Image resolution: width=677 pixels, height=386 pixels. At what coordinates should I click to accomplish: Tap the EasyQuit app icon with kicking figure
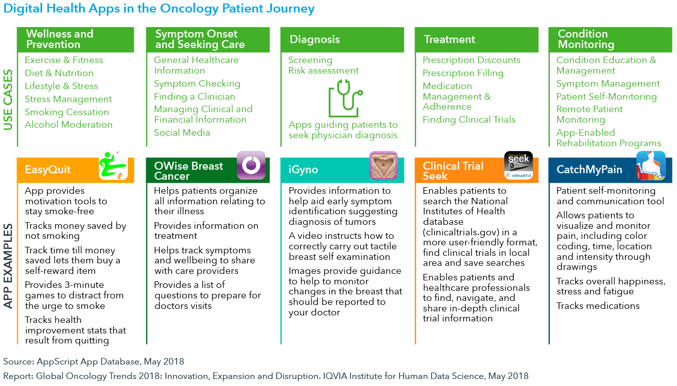click(113, 166)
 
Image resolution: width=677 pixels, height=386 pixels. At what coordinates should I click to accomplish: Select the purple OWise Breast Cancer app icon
click(251, 165)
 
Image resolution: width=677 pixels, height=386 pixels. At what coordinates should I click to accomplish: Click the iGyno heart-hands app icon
click(384, 165)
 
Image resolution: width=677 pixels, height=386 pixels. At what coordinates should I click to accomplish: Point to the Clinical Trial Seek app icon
click(518, 165)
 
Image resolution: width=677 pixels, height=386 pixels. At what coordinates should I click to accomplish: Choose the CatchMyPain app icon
click(651, 166)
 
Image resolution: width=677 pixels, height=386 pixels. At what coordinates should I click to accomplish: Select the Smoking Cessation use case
click(67, 112)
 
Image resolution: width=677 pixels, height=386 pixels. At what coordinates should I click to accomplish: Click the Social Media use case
click(182, 132)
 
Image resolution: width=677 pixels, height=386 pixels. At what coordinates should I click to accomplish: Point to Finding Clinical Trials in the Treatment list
click(469, 120)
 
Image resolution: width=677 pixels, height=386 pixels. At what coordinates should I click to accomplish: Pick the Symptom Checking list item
click(197, 84)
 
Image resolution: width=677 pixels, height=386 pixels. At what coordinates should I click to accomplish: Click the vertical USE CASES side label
click(8, 100)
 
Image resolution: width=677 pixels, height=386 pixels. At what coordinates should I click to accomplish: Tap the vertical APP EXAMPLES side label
click(8, 266)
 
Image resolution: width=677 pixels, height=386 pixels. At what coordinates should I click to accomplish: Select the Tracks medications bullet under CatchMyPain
click(598, 306)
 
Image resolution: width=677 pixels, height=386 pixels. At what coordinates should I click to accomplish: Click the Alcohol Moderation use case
click(69, 125)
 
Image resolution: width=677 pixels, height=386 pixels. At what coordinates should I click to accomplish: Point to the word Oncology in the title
click(189, 9)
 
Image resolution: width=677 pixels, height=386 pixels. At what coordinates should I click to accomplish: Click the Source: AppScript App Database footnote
click(94, 361)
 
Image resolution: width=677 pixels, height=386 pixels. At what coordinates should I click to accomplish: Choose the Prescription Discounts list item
click(472, 60)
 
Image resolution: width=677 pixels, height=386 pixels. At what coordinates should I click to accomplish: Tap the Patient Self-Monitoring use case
click(606, 97)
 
